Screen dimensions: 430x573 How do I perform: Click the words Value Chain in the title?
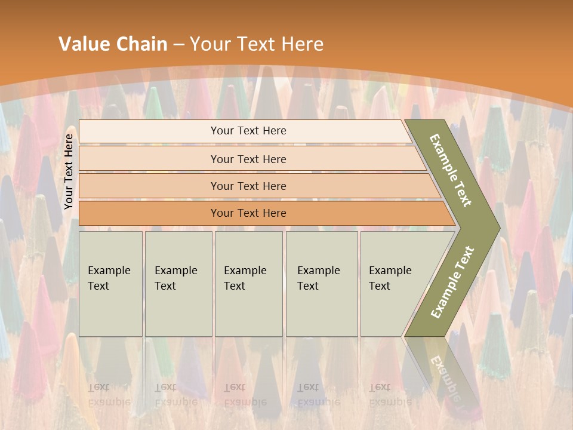pyautogui.click(x=113, y=44)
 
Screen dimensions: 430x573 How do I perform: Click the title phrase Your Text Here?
pyautogui.click(x=257, y=44)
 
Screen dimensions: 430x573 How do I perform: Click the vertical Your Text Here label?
pyautogui.click(x=69, y=171)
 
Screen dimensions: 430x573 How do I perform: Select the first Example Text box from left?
pyautogui.click(x=110, y=284)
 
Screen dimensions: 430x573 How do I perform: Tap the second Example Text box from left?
pyautogui.click(x=178, y=284)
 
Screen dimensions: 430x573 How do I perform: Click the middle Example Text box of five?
pyautogui.click(x=248, y=284)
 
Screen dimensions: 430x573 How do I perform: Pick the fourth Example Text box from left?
pyautogui.click(x=322, y=284)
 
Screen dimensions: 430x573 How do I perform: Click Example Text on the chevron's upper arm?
pyautogui.click(x=451, y=170)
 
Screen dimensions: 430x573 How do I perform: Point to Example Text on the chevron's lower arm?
pyautogui.click(x=452, y=282)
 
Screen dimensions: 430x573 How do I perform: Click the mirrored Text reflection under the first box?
pyautogui.click(x=98, y=387)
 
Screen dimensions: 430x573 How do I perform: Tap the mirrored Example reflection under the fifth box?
pyautogui.click(x=390, y=401)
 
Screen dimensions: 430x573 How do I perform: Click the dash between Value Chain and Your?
pyautogui.click(x=178, y=44)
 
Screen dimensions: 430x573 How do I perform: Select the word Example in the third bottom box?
pyautogui.click(x=245, y=271)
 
